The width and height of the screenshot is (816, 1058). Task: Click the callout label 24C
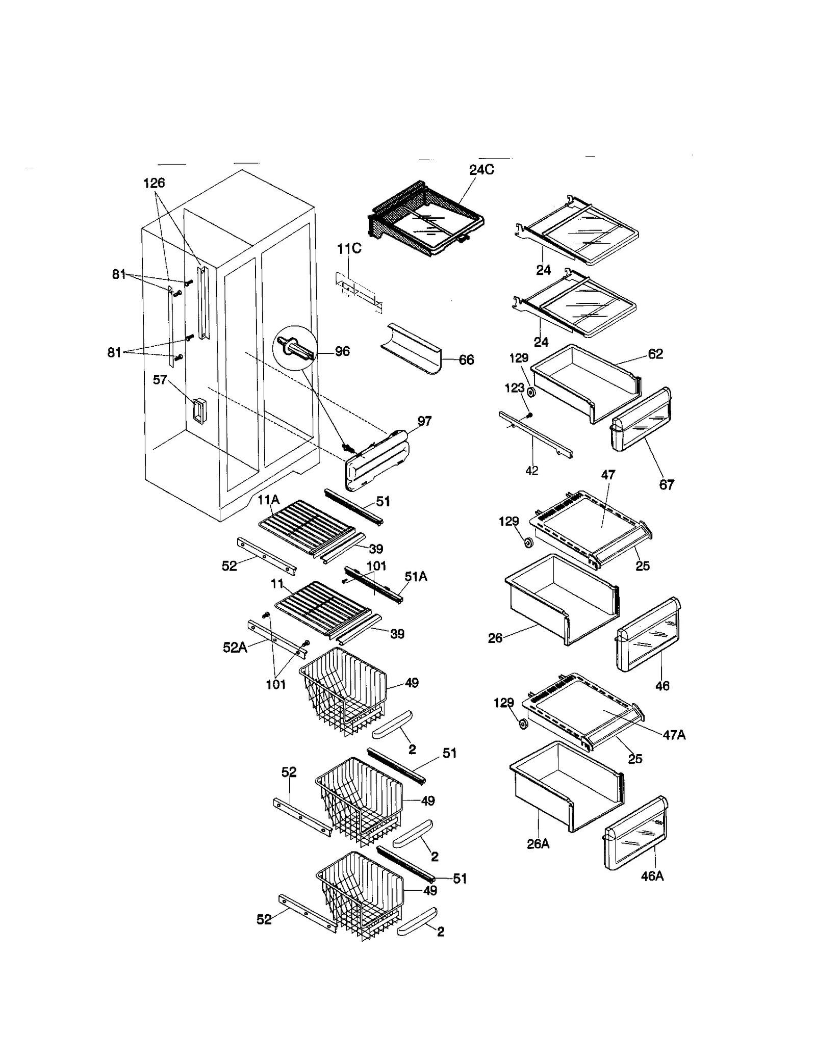(481, 170)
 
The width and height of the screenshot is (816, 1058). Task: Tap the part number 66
(466, 360)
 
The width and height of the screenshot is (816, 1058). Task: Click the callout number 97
(424, 421)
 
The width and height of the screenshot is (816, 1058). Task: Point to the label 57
(160, 380)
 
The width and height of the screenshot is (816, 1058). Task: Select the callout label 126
(154, 183)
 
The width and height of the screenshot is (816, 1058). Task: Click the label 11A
(268, 500)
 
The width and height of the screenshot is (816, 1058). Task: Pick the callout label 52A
(235, 648)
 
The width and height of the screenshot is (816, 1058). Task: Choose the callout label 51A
(416, 577)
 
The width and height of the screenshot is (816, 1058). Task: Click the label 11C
(349, 249)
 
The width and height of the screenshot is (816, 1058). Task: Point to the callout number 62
(655, 354)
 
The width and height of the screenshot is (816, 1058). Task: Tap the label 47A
(674, 735)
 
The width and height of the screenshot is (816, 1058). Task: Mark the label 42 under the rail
(531, 471)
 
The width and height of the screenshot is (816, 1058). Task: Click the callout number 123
(514, 388)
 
